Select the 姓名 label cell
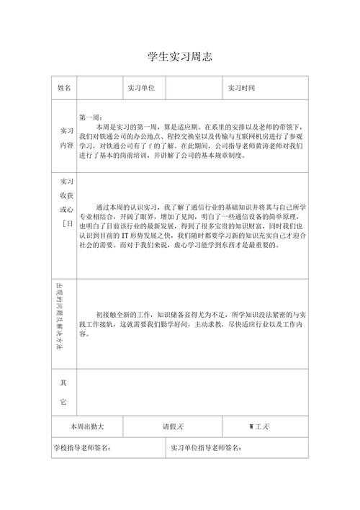point(65,89)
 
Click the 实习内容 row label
point(66,138)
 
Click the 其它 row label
point(63,391)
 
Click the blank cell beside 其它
point(192,390)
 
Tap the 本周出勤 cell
point(87,426)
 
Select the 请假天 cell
point(173,426)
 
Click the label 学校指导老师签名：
point(81,447)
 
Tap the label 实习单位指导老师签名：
point(206,447)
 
